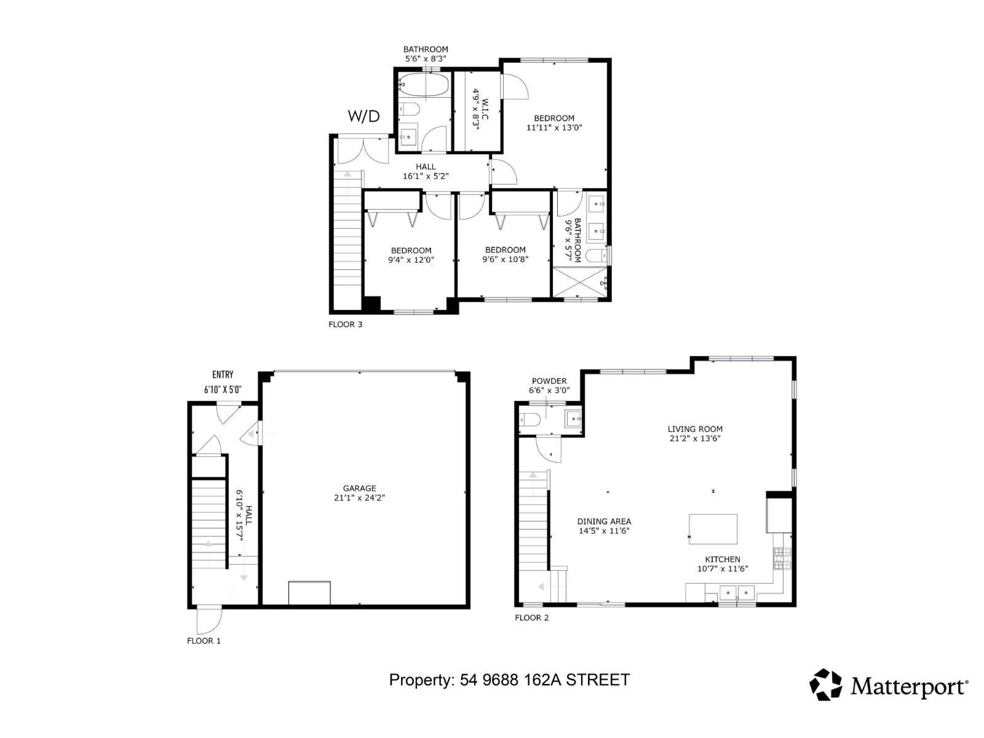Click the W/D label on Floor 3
[363, 116]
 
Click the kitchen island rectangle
[713, 529]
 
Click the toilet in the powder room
[530, 420]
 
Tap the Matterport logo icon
[825, 684]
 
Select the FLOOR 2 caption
[531, 617]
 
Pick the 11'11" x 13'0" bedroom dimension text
[553, 128]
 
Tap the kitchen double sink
[737, 593]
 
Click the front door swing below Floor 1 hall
[207, 620]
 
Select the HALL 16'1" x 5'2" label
[426, 172]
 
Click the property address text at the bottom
[509, 680]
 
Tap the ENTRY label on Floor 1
[223, 375]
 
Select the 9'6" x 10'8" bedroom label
[505, 255]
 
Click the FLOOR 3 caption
[345, 324]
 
